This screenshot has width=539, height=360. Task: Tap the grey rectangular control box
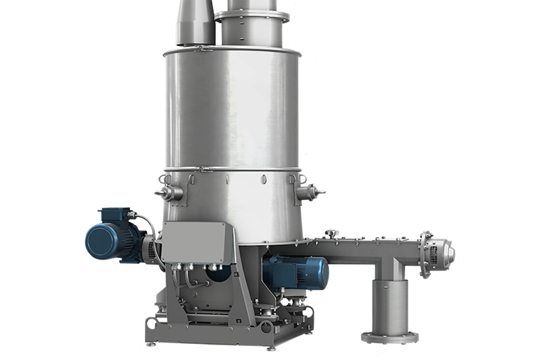[x=193, y=241]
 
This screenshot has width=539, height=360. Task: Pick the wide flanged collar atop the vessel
[x=251, y=17]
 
